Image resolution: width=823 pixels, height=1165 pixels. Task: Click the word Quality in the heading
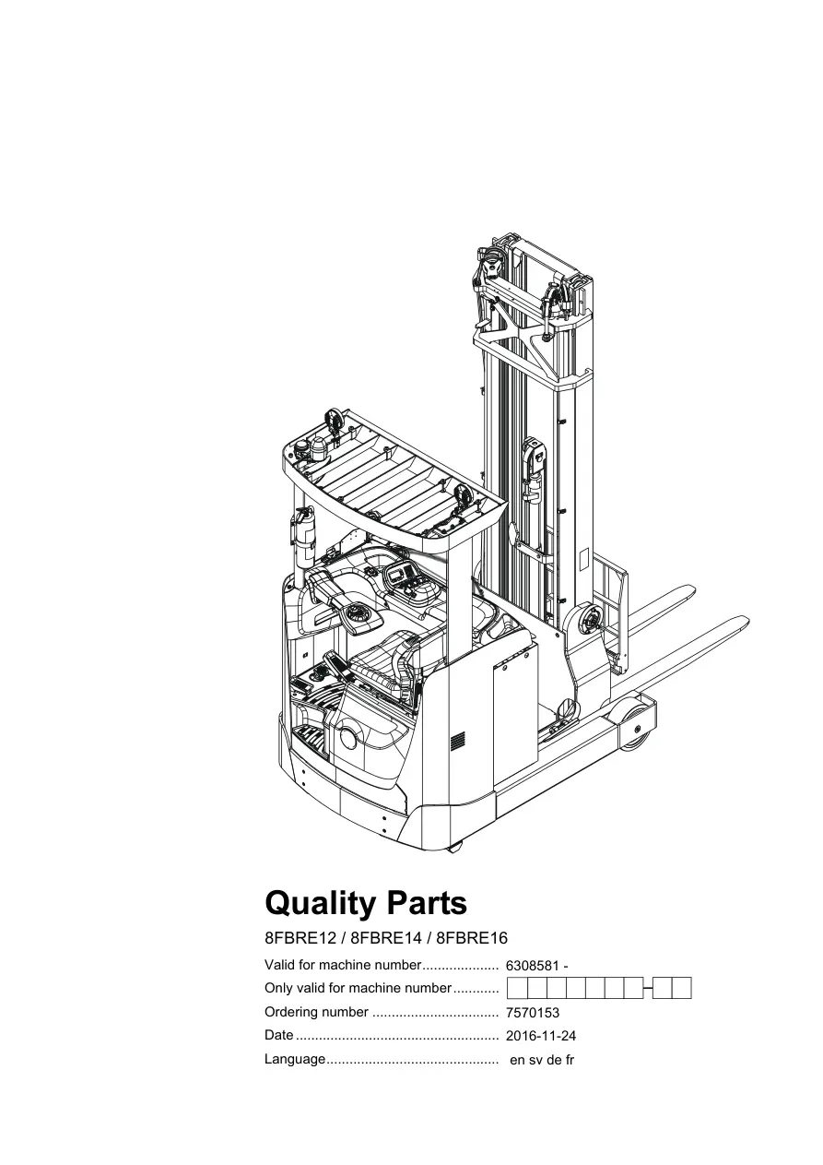click(319, 905)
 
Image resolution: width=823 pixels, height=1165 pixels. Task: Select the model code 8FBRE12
click(300, 938)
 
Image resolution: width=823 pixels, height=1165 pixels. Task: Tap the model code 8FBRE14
click(386, 938)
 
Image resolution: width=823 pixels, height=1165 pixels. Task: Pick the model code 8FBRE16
click(472, 938)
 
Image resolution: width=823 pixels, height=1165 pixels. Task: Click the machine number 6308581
click(533, 965)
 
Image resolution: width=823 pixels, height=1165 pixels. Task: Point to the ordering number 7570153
click(533, 1013)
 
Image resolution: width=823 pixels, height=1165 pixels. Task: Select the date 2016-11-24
click(541, 1036)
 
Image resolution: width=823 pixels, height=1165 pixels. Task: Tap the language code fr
click(570, 1060)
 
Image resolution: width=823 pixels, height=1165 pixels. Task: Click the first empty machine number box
click(517, 988)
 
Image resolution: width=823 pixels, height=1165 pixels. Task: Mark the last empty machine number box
click(682, 988)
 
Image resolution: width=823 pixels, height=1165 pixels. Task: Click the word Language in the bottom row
click(295, 1060)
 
